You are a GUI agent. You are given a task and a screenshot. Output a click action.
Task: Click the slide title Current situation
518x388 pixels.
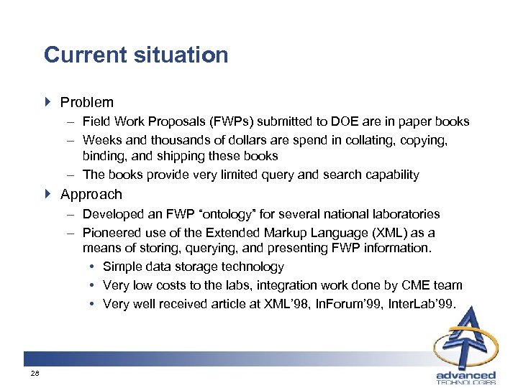tap(136, 55)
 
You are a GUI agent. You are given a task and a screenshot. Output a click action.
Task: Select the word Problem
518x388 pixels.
tap(86, 103)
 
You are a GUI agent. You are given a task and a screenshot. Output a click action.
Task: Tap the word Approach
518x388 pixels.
tap(91, 195)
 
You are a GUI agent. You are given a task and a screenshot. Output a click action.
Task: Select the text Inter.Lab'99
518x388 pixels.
tap(422, 304)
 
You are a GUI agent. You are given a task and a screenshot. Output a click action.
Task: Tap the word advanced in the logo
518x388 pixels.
tap(466, 374)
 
